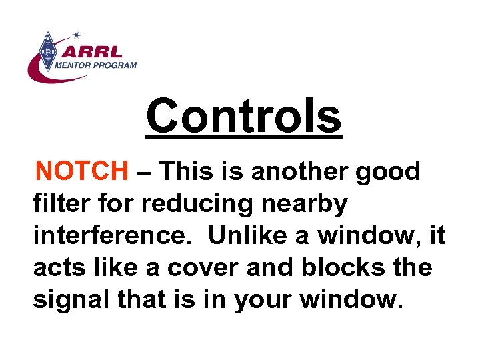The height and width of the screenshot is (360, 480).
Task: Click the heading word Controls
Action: pos(243,116)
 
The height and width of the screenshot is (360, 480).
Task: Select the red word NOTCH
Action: pos(82,172)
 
